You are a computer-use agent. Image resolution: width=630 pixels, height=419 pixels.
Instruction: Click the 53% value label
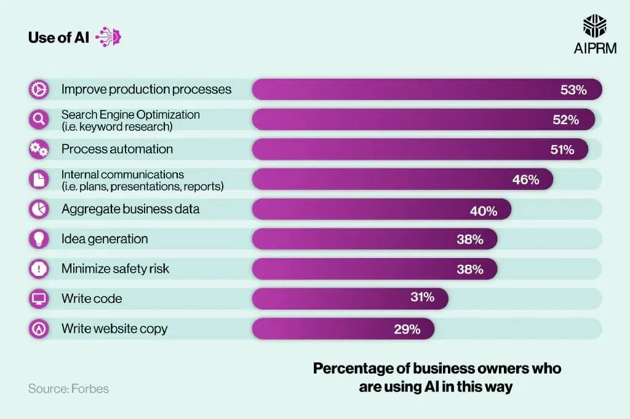(573, 90)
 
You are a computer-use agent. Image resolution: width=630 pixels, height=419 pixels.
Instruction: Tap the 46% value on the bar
(525, 179)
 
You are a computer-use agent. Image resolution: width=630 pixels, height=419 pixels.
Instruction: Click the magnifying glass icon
(39, 119)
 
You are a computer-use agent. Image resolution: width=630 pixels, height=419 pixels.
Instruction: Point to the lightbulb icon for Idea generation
(39, 239)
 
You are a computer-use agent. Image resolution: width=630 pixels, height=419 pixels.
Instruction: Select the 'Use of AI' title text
(58, 37)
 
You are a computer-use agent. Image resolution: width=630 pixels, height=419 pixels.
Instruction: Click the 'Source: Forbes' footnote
(68, 388)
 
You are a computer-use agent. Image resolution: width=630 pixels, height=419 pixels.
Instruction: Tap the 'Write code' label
(92, 299)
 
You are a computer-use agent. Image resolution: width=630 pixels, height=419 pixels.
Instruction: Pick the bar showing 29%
(343, 329)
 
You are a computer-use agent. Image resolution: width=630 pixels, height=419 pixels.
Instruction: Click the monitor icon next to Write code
(39, 299)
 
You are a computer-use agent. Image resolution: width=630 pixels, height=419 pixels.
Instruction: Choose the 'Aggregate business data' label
(130, 209)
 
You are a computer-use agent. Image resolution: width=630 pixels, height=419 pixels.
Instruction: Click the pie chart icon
(39, 209)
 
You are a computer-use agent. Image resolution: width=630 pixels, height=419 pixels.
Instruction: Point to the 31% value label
(422, 297)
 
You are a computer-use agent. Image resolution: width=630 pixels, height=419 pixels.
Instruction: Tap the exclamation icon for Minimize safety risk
(39, 269)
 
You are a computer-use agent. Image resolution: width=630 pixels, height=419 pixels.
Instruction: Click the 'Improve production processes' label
(146, 90)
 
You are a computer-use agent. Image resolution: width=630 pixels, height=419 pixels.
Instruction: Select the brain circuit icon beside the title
(109, 37)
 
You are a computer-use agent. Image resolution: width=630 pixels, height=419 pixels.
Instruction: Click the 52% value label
(565, 120)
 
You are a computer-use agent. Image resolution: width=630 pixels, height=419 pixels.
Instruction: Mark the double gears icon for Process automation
(39, 149)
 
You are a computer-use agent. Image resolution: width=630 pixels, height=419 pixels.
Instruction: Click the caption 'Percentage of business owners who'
(437, 369)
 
